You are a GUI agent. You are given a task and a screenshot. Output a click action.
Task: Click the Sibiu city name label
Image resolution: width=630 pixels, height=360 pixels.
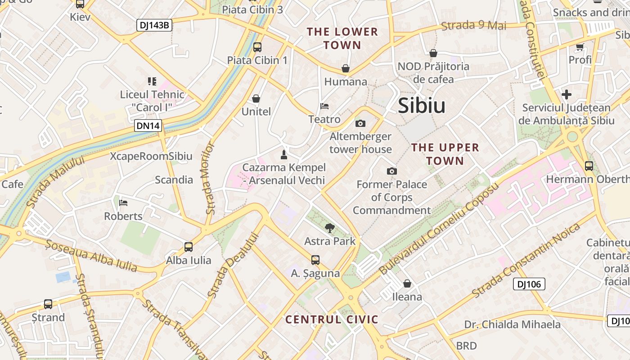[x=422, y=106]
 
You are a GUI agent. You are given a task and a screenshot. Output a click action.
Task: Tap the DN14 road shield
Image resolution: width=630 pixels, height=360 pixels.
[x=148, y=126]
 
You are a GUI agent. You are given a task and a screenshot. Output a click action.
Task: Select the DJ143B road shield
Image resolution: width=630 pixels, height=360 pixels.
[x=154, y=25]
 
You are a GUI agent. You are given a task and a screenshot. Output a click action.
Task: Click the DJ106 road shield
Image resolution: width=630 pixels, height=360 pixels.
[x=529, y=284]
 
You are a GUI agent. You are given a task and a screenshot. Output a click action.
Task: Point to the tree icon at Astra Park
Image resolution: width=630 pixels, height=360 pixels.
[x=330, y=228]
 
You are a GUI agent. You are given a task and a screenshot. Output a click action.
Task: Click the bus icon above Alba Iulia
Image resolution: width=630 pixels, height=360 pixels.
[x=189, y=247]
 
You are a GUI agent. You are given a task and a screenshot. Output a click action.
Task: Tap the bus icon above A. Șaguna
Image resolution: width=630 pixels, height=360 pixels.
[x=315, y=260]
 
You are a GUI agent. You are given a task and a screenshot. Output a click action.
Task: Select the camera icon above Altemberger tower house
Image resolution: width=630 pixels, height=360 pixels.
[x=360, y=123]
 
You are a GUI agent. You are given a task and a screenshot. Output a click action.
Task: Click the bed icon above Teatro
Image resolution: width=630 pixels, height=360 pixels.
[x=324, y=107]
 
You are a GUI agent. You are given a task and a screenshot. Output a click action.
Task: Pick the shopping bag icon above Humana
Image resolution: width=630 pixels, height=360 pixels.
[x=346, y=68]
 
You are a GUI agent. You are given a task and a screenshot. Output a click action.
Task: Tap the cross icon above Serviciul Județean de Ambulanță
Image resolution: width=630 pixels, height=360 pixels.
[x=567, y=94]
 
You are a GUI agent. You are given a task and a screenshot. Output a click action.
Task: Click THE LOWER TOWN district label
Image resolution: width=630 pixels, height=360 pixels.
[x=342, y=38]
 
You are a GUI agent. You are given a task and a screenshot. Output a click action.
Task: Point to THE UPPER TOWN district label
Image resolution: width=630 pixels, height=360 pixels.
[x=445, y=154]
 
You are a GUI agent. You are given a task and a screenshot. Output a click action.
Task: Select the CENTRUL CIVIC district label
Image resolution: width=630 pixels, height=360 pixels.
[x=332, y=319]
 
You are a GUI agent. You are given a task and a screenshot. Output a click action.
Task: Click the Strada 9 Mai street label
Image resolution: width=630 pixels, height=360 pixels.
[x=473, y=25]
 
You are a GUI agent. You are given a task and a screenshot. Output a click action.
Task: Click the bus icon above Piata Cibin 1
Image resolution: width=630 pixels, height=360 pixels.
[x=257, y=47]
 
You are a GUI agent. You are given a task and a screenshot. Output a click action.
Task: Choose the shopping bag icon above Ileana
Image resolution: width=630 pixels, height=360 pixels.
[x=407, y=283]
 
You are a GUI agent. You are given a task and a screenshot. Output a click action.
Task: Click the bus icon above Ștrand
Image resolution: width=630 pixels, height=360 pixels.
[x=48, y=304]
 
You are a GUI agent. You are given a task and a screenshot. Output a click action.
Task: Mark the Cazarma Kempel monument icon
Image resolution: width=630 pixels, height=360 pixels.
[x=284, y=155]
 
